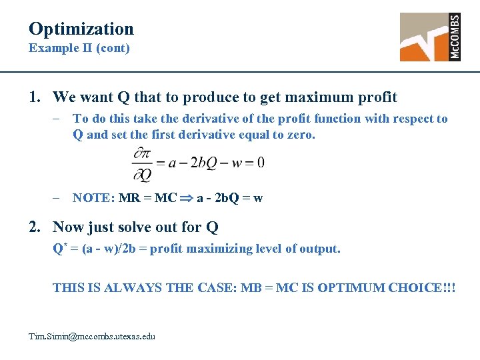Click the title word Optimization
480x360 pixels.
coord(81,29)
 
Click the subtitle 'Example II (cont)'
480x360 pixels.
coord(79,48)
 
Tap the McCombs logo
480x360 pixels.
coord(430,37)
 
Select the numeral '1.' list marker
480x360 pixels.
coord(36,97)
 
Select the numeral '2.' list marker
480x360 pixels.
coord(36,227)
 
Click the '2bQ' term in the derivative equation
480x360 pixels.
coord(204,163)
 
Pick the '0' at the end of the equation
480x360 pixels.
coord(260,163)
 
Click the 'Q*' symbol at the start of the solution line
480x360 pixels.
coord(59,249)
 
